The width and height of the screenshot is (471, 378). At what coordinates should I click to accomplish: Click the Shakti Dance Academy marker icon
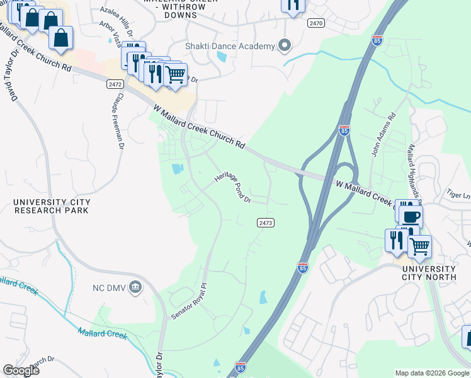(285, 46)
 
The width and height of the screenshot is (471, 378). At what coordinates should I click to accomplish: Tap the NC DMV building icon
(135, 288)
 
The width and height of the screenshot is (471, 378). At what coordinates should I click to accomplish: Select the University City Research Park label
(52, 207)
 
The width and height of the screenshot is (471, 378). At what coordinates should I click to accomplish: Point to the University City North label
(433, 273)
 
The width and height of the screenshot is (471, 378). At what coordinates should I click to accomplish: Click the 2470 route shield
(316, 23)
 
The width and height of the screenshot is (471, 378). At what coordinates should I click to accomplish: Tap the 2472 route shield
(114, 83)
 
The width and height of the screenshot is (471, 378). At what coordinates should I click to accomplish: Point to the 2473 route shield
(266, 222)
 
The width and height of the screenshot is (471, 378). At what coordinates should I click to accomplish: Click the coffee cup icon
(411, 217)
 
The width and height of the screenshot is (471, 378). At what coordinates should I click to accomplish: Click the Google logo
(21, 370)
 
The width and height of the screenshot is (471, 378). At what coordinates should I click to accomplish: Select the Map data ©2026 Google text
(431, 373)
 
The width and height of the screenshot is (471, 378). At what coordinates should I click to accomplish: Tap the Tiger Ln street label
(458, 196)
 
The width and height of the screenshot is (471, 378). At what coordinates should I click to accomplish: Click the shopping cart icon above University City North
(419, 246)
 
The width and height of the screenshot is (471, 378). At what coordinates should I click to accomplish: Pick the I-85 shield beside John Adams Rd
(344, 130)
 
